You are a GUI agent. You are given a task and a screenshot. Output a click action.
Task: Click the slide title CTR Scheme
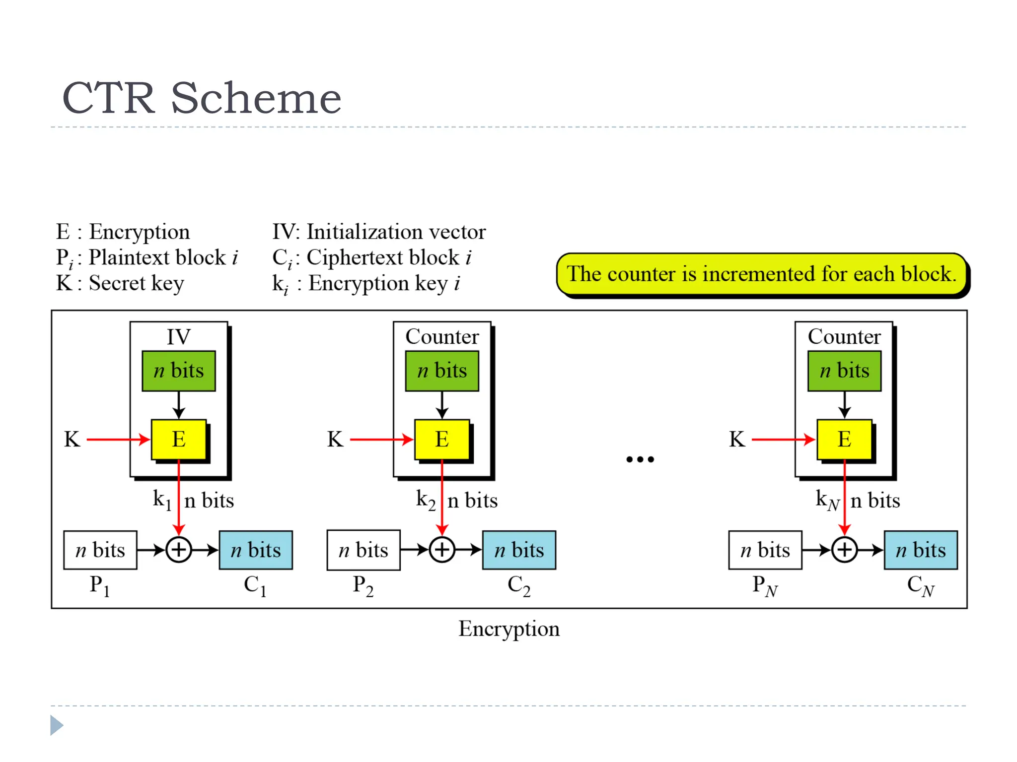click(x=202, y=98)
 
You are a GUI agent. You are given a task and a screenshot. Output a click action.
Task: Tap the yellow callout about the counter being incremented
click(x=762, y=274)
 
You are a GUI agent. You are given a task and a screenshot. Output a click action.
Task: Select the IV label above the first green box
click(x=178, y=337)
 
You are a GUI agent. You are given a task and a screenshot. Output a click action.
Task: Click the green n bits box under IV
click(x=179, y=371)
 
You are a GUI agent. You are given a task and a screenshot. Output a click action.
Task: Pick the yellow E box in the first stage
click(x=179, y=439)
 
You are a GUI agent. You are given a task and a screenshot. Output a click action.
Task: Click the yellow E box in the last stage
click(x=844, y=439)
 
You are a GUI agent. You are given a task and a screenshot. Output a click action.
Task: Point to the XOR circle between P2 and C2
click(x=442, y=550)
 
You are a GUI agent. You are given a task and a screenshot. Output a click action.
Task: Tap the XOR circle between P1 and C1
click(x=179, y=550)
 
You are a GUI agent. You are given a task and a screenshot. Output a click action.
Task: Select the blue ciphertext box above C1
click(x=256, y=550)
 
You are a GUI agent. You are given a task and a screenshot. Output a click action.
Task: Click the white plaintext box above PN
click(x=765, y=550)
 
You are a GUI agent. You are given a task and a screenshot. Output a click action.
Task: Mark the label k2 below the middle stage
click(x=426, y=500)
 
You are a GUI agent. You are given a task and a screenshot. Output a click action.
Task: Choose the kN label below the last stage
click(x=827, y=500)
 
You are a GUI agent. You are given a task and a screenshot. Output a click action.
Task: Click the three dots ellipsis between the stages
click(x=640, y=459)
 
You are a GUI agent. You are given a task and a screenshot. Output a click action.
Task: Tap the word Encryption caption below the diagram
click(x=508, y=629)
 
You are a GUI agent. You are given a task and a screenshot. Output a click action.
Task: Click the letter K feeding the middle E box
click(x=335, y=440)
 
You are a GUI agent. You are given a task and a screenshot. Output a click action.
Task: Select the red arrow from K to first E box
click(x=118, y=440)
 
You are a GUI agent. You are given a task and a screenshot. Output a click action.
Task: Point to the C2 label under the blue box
click(x=519, y=585)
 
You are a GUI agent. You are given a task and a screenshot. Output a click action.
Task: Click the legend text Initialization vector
click(x=396, y=232)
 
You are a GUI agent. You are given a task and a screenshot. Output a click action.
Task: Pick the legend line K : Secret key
click(x=120, y=283)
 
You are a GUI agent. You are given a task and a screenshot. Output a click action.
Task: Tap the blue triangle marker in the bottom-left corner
click(x=56, y=725)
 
